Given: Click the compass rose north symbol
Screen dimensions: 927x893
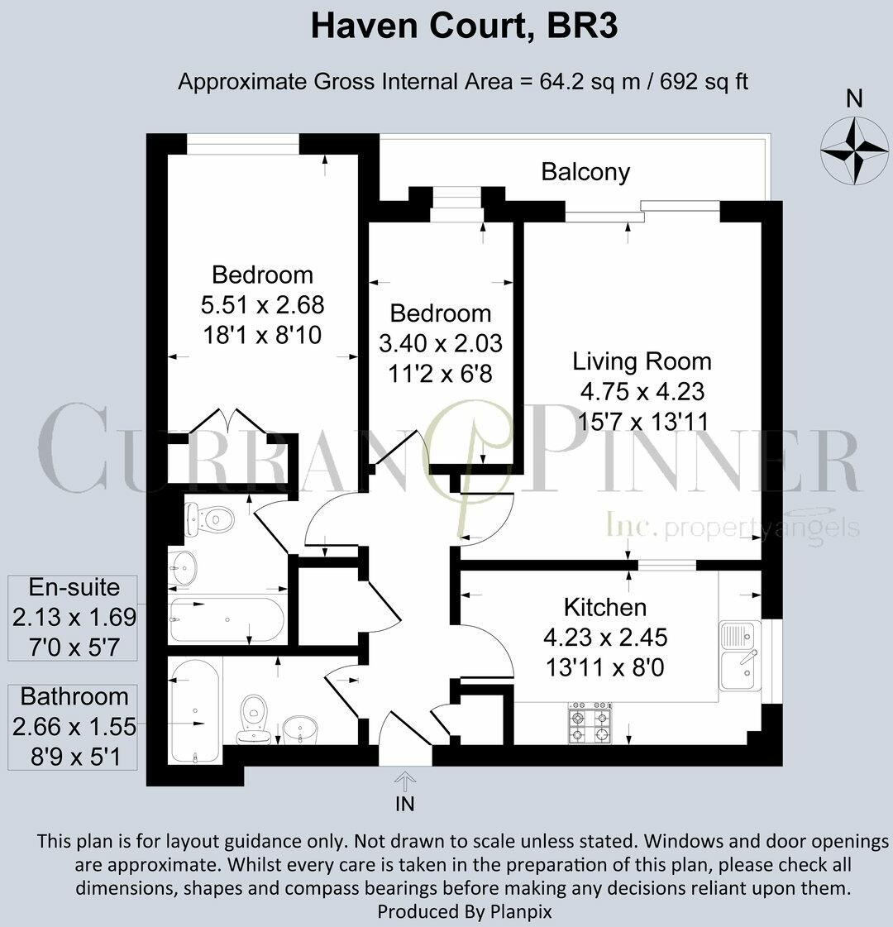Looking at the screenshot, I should coord(853,149).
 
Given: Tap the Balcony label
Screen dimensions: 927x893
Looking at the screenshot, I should coord(585,172).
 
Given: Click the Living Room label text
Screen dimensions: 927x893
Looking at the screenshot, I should coord(642,361).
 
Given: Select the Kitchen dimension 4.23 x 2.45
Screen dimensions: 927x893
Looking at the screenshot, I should coord(604,638).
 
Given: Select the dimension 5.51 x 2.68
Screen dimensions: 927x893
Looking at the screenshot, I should coord(262,304).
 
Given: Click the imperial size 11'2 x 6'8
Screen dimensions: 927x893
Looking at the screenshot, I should coord(440,373).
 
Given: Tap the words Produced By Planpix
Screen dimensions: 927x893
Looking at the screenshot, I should coord(464,911).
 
